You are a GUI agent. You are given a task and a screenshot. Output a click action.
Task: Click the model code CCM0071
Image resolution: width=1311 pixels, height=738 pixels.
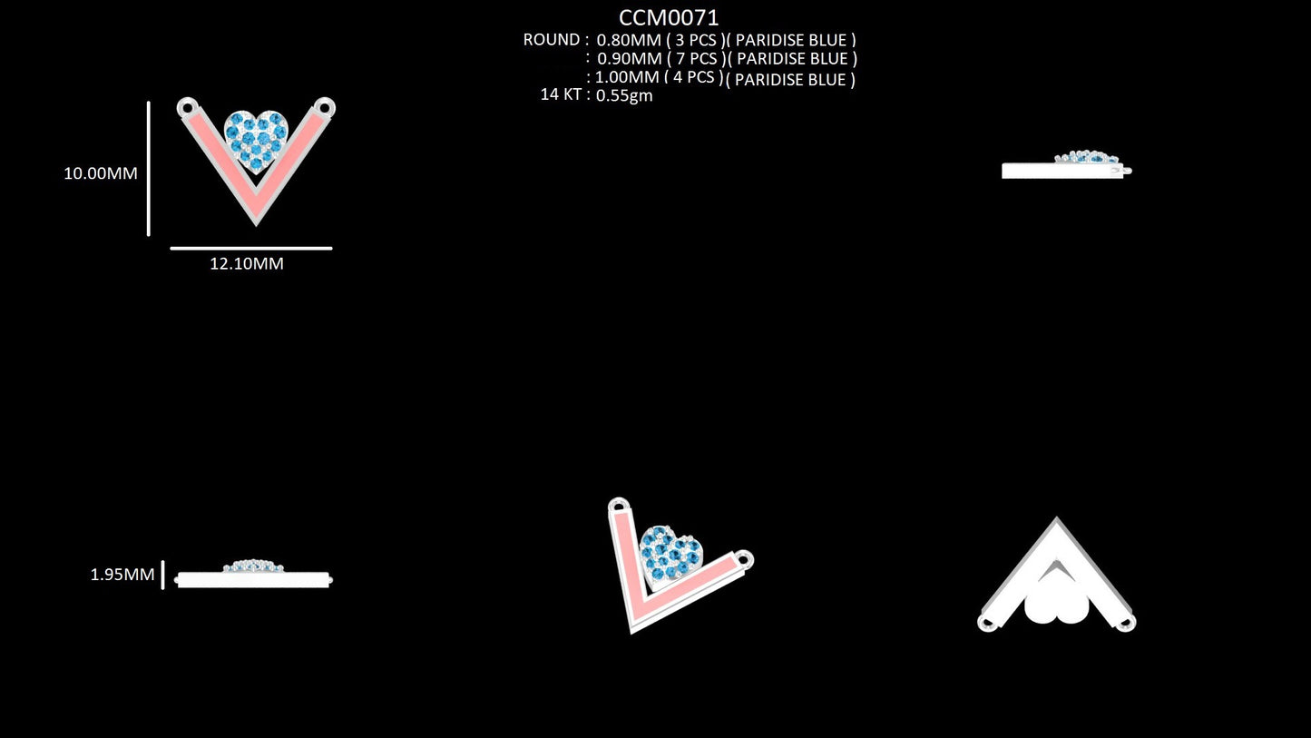(669, 17)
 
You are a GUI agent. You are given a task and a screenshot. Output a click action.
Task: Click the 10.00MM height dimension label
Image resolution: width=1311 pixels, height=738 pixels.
(101, 173)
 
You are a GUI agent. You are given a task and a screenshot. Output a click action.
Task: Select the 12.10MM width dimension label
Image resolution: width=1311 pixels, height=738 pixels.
(247, 263)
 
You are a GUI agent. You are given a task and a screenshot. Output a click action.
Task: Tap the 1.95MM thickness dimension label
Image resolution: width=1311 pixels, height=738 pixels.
(122, 575)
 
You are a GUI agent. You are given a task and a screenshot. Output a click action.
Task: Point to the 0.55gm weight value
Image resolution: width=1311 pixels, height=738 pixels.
(624, 95)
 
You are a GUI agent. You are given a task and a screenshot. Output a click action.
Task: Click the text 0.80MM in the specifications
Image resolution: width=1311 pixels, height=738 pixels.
(629, 41)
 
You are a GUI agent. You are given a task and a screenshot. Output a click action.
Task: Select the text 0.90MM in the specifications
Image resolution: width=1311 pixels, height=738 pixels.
(630, 59)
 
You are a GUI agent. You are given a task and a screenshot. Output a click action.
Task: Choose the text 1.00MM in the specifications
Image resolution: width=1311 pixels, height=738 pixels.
(627, 77)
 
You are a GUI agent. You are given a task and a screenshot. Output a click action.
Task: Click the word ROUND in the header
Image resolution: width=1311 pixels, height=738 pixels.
(552, 40)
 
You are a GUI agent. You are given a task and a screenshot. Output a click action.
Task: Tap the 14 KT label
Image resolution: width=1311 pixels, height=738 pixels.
(561, 94)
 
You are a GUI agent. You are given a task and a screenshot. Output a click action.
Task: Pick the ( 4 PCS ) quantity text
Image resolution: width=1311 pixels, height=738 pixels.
(694, 77)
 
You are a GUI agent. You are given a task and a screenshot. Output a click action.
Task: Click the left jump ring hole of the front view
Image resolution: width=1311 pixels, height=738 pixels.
(187, 108)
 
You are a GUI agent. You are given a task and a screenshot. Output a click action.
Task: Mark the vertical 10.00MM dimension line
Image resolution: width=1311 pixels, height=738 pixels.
(149, 169)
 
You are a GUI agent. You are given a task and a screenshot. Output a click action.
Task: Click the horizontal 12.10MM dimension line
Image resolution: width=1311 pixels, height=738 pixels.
(251, 249)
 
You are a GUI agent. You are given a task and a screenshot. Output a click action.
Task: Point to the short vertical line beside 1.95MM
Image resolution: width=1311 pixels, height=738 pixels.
(162, 576)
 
